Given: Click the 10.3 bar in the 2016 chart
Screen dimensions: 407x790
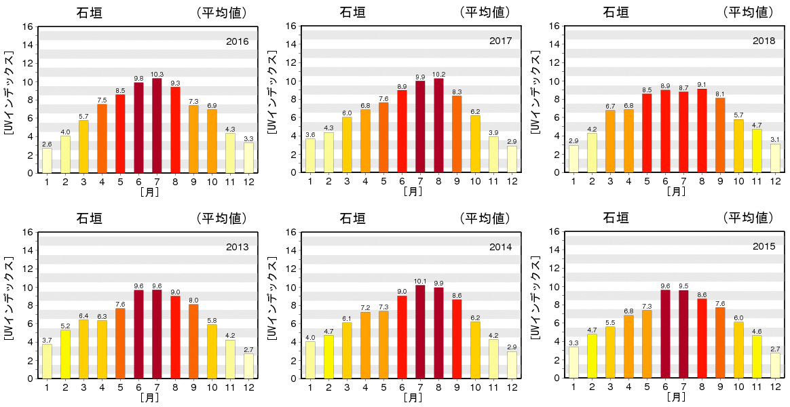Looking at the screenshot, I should pos(157,125).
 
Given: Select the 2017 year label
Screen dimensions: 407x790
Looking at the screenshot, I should pos(501,41).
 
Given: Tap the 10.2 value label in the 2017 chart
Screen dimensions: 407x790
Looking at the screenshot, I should pos(438,75).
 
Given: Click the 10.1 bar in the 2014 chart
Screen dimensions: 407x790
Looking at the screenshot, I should pos(420,332).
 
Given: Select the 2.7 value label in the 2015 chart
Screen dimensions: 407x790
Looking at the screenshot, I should pos(775,349).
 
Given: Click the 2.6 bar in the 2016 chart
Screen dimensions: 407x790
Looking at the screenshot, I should pos(47,160).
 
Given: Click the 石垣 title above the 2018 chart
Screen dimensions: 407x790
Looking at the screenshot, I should pos(616,12).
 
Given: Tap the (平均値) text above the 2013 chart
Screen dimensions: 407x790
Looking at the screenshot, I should pos(221,218).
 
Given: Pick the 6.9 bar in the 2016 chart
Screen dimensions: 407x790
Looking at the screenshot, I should pos(212,140).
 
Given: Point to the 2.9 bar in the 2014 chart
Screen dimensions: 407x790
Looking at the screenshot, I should pos(512,364).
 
